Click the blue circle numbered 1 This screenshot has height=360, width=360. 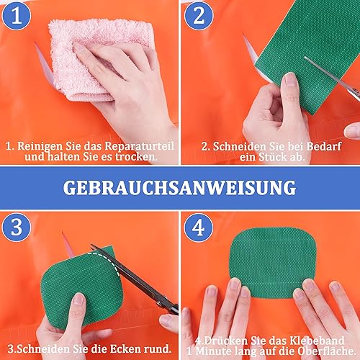tap(17, 16)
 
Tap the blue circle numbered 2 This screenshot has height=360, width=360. tap(199, 16)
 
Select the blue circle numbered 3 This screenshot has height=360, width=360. tap(17, 227)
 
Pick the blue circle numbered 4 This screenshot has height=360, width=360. tap(199, 227)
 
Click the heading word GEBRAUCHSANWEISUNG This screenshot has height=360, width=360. tap(179, 188)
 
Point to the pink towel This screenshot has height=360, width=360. tap(101, 58)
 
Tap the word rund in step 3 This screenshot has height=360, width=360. tap(159, 349)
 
